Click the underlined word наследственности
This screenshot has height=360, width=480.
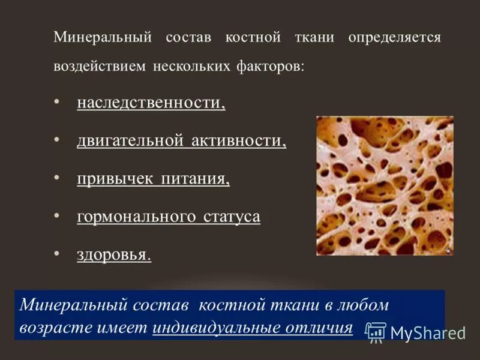[151, 103]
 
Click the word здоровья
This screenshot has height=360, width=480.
[113, 254]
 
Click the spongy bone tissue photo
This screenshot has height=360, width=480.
[385, 185]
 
